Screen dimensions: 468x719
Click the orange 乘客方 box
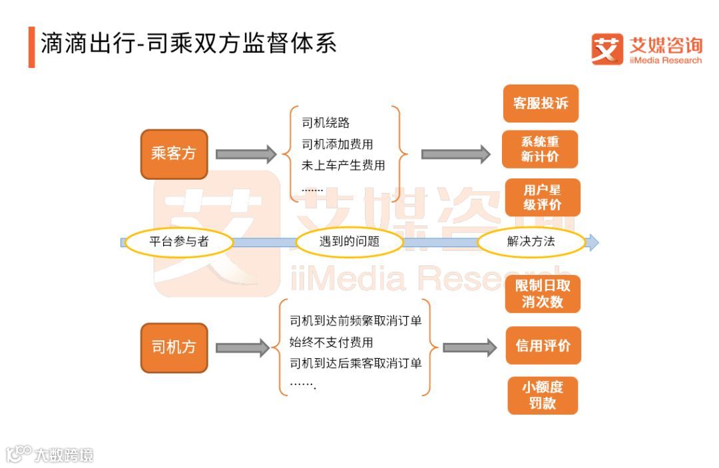(174, 154)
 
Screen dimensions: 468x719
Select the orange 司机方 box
(174, 348)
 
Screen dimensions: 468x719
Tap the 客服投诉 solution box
(541, 103)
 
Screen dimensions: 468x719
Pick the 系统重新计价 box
(540, 149)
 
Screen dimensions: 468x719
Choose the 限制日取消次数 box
(543, 294)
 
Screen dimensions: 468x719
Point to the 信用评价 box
(543, 346)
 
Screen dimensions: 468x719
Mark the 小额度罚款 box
(543, 395)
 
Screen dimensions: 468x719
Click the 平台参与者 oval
(179, 242)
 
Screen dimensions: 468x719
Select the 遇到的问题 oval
(350, 242)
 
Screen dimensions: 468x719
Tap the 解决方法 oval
(531, 242)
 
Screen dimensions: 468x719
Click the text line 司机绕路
(326, 123)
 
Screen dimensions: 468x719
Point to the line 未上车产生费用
(344, 166)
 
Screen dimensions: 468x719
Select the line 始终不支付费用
(331, 343)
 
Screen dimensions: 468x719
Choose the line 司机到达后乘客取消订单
(356, 364)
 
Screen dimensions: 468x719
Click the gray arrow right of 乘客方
(246, 154)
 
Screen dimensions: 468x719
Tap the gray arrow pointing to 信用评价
(469, 348)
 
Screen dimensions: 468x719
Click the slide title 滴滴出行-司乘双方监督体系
(189, 44)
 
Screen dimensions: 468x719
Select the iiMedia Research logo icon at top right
(607, 49)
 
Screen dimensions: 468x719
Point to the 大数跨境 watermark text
(65, 455)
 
